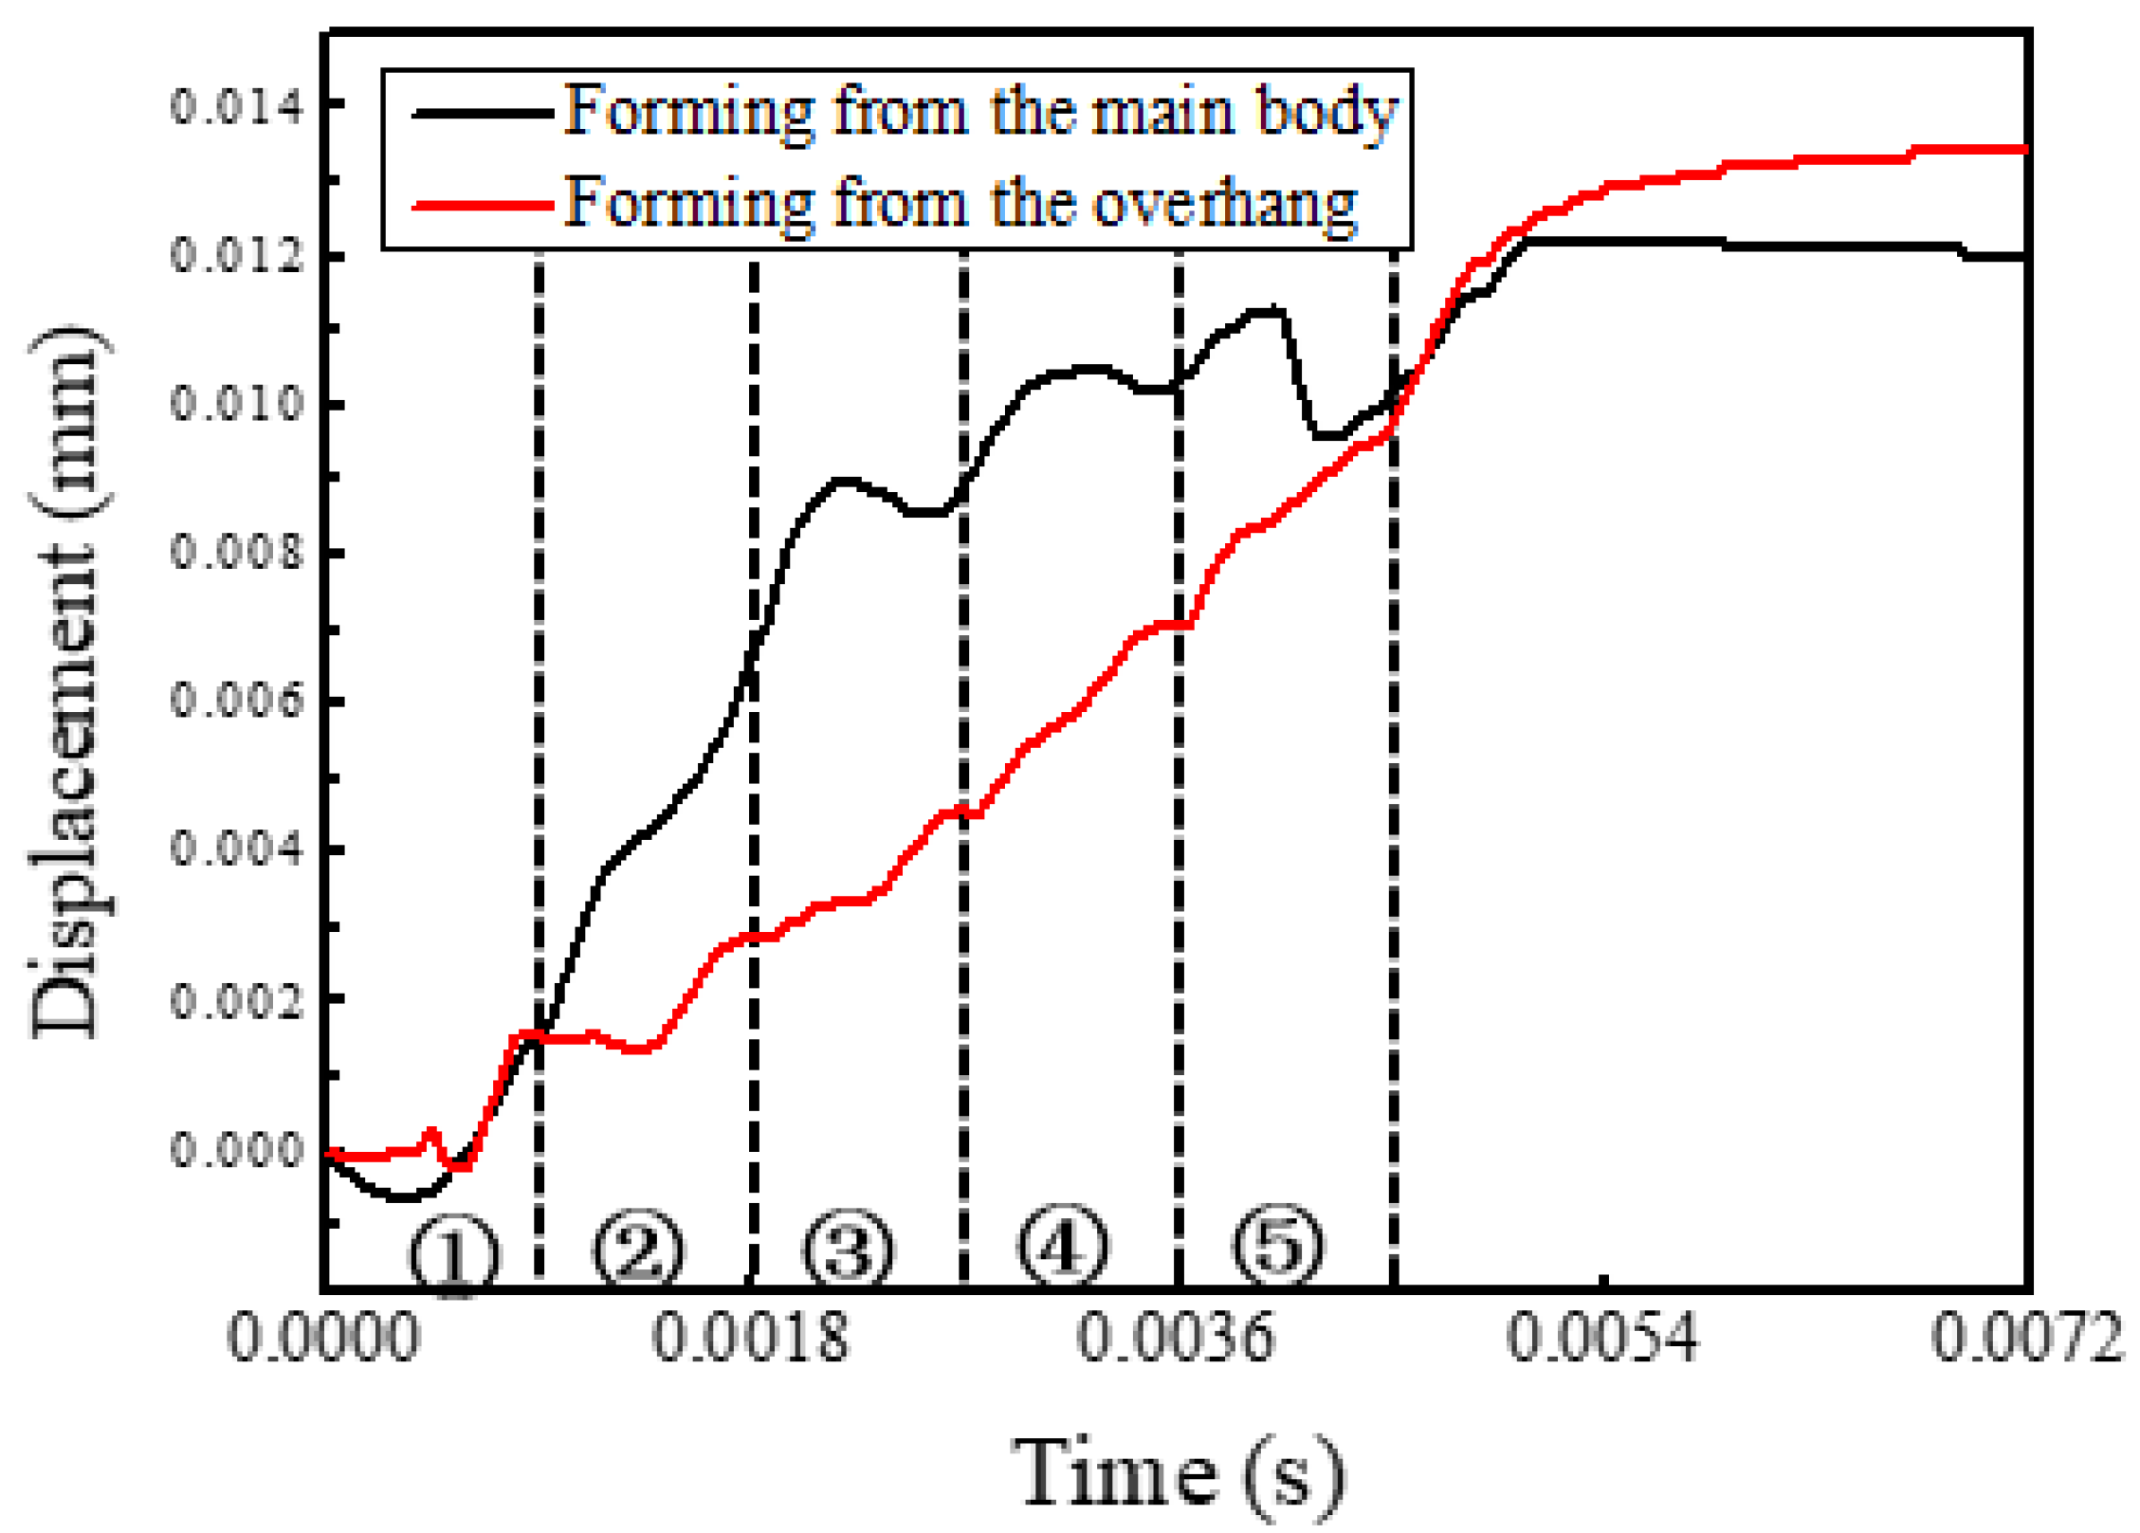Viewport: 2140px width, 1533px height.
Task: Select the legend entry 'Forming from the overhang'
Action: click(960, 204)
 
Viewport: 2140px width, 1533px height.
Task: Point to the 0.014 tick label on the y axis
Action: click(237, 105)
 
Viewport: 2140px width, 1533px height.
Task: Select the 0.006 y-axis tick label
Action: click(237, 701)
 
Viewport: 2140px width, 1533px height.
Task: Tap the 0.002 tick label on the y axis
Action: click(237, 999)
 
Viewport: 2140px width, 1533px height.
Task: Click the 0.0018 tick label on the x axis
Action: click(749, 1339)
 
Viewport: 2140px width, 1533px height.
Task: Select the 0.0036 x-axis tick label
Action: click(1175, 1339)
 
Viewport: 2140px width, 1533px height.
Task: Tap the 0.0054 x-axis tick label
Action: click(1602, 1339)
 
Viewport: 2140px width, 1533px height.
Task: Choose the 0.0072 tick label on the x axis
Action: click(2027, 1339)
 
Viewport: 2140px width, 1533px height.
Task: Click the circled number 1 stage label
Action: click(453, 1255)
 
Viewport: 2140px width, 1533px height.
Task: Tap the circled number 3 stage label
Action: click(848, 1250)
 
